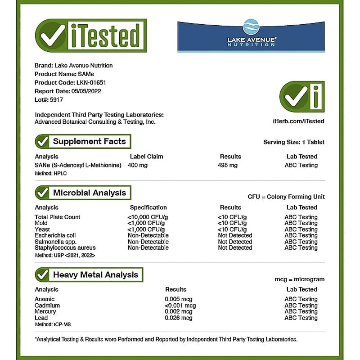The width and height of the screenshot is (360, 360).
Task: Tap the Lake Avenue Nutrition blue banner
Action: pyautogui.click(x=251, y=36)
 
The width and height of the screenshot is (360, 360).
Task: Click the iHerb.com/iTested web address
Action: pyautogui.click(x=298, y=121)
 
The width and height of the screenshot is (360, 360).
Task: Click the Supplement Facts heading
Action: pyautogui.click(x=89, y=141)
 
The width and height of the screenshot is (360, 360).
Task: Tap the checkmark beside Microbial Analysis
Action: pyautogui.click(x=42, y=193)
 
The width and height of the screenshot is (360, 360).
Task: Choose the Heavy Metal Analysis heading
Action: pyautogui.click(x=95, y=274)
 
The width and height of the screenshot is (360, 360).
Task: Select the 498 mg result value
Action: pyautogui.click(x=227, y=165)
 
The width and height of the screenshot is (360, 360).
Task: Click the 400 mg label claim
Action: pyautogui.click(x=138, y=165)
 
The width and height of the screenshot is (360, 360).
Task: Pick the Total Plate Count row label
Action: pyautogui.click(x=57, y=217)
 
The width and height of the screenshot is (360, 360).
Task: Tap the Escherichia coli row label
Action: pyautogui.click(x=55, y=235)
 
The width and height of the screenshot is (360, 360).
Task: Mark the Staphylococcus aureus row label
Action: pyautogui.click(x=65, y=247)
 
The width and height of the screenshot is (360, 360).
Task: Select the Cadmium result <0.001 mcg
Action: pyautogui.click(x=180, y=306)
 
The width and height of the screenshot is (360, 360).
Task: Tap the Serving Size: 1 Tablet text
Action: pyautogui.click(x=293, y=142)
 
